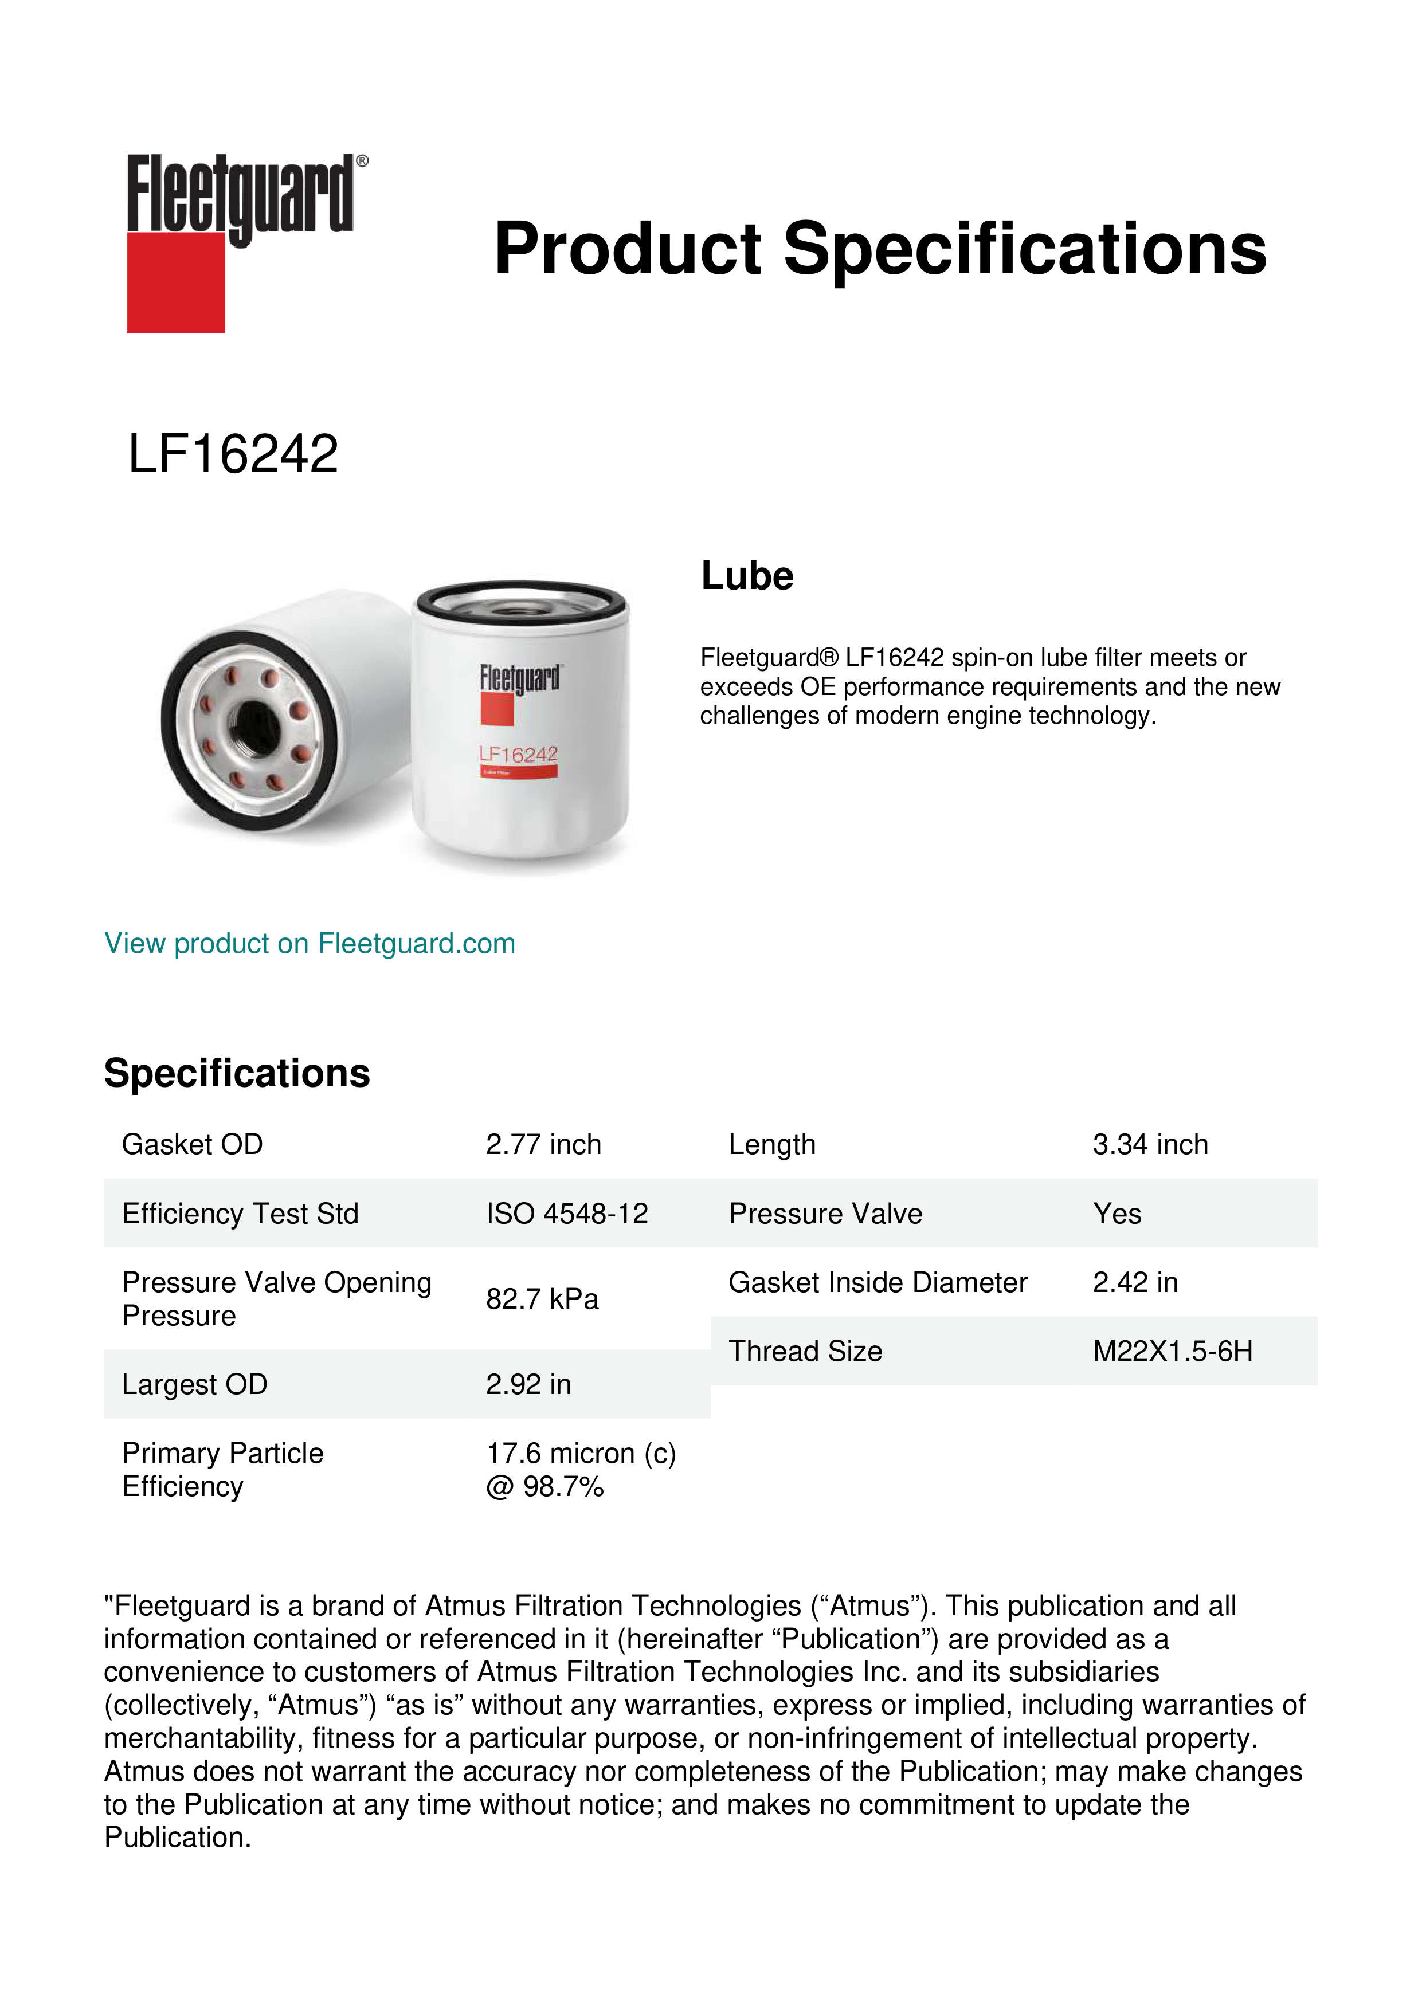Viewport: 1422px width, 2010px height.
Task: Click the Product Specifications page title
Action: [880, 249]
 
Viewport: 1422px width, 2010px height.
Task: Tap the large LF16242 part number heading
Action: [233, 454]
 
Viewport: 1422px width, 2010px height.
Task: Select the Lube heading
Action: [747, 576]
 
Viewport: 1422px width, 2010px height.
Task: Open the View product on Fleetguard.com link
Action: [310, 943]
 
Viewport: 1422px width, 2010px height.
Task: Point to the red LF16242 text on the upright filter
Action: [518, 754]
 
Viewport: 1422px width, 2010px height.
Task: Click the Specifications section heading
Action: [237, 1073]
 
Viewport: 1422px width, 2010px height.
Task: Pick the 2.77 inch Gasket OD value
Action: [544, 1144]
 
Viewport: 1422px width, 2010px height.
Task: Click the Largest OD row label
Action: [194, 1384]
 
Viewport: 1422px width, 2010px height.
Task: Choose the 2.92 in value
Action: [528, 1384]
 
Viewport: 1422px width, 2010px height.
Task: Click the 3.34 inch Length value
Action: [1150, 1144]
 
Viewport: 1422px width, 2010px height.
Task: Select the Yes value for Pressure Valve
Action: [1117, 1214]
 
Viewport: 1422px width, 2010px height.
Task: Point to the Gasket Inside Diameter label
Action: [878, 1282]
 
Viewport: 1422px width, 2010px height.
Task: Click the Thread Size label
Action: [805, 1351]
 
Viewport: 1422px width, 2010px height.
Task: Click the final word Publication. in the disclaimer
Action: [178, 1838]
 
